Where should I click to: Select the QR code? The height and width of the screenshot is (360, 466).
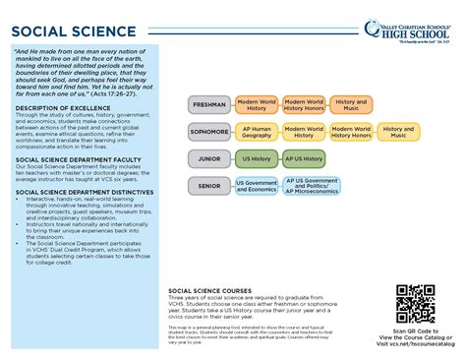click(x=414, y=304)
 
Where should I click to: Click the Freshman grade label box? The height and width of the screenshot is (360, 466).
click(x=209, y=104)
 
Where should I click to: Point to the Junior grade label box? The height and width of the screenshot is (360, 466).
click(x=209, y=157)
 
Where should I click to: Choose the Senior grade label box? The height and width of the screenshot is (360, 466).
click(x=209, y=185)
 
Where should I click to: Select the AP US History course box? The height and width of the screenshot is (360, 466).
click(x=305, y=157)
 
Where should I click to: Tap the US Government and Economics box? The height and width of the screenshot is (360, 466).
click(x=256, y=185)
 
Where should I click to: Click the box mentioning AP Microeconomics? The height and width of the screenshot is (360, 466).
click(x=311, y=185)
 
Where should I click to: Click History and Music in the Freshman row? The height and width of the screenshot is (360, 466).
click(x=351, y=104)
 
